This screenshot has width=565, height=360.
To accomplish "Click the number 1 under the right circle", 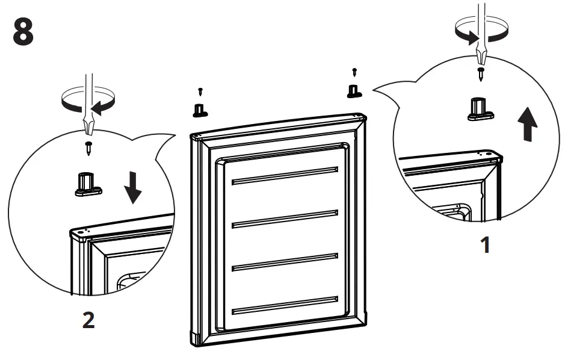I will pyautogui.click(x=485, y=245).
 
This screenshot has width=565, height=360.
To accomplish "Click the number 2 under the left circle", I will pyautogui.click(x=88, y=320).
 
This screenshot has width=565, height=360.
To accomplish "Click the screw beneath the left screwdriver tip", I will pyautogui.click(x=88, y=146).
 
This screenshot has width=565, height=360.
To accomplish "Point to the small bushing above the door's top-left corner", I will pyautogui.click(x=199, y=110).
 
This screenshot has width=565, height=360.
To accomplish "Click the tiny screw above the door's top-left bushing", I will pyautogui.click(x=200, y=92).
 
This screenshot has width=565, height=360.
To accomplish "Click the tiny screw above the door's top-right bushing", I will pyautogui.click(x=354, y=72).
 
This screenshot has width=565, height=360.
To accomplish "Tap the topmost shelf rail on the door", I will pyautogui.click(x=285, y=175).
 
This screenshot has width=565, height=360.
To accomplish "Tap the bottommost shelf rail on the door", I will pyautogui.click(x=285, y=306).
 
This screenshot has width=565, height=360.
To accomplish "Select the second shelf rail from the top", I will pyautogui.click(x=285, y=218).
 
